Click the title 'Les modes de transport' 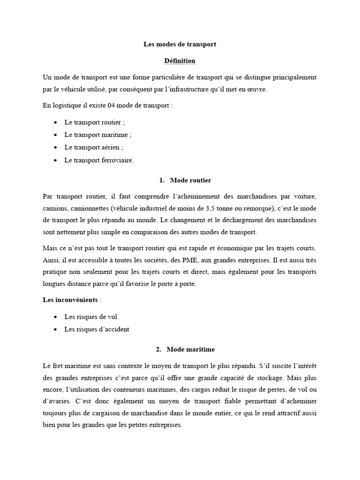(x=180, y=45)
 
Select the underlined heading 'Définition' (x=180, y=61)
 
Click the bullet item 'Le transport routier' (x=95, y=122)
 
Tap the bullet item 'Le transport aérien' (x=94, y=147)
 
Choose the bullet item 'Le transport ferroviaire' (x=99, y=160)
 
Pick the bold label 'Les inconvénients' (x=70, y=300)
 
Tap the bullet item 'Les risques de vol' (x=90, y=317)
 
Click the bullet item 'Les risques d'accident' (x=97, y=329)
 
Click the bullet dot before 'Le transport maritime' (x=56, y=135)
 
